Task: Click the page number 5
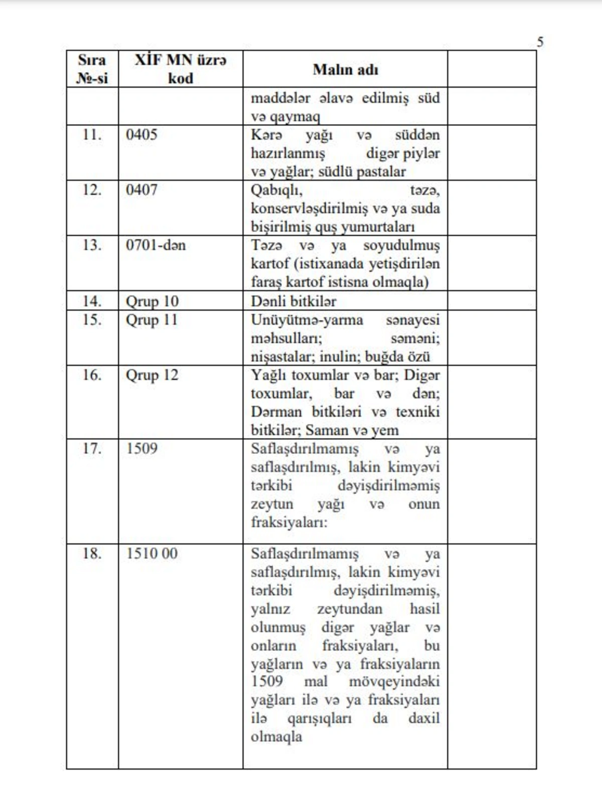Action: pyautogui.click(x=540, y=42)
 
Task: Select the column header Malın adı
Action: pyautogui.click(x=345, y=69)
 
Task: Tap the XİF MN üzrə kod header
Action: pyautogui.click(x=180, y=69)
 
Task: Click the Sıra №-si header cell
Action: pyautogui.click(x=92, y=69)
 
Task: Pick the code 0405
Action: pyautogui.click(x=141, y=134)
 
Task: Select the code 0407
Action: pyautogui.click(x=141, y=190)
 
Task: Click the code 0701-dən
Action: pyautogui.click(x=156, y=245)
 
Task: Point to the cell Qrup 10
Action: pyautogui.click(x=152, y=301)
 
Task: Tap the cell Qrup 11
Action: pyautogui.click(x=152, y=320)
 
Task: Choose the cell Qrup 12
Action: pyautogui.click(x=152, y=375)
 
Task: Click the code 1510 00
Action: pyautogui.click(x=152, y=553)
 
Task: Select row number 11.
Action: pyautogui.click(x=92, y=134)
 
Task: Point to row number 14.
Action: pyautogui.click(x=92, y=301)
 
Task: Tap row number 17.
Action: pyautogui.click(x=92, y=448)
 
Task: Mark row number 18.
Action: pyautogui.click(x=92, y=553)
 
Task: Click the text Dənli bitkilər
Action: pyautogui.click(x=293, y=301)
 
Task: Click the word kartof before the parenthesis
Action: pyautogui.click(x=270, y=263)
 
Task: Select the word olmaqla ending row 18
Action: pyautogui.click(x=276, y=737)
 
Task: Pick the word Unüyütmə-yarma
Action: pyautogui.click(x=307, y=320)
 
